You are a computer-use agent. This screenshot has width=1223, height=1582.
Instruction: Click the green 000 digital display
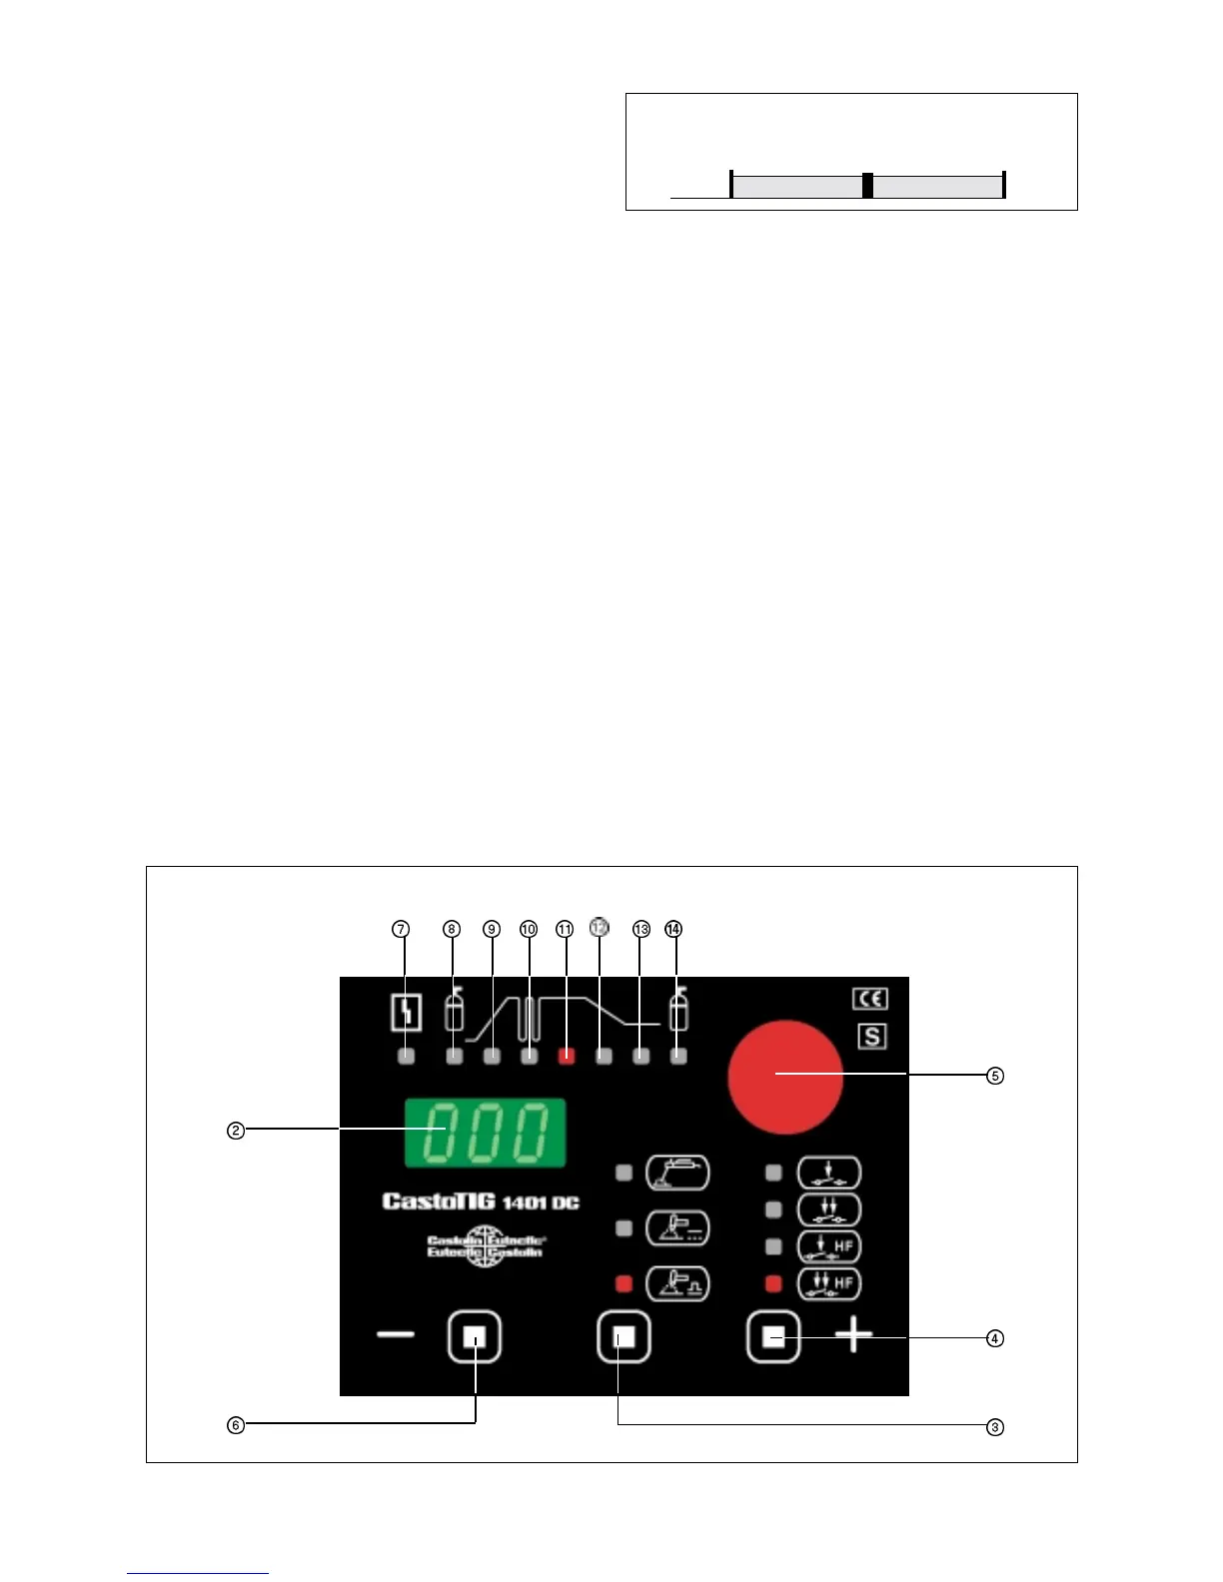pyautogui.click(x=485, y=1132)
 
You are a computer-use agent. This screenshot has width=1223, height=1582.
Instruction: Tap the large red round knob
pyautogui.click(x=785, y=1077)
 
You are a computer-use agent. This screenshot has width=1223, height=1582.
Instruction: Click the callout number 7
pyautogui.click(x=401, y=929)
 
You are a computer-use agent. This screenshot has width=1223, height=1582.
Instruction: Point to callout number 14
pyautogui.click(x=673, y=929)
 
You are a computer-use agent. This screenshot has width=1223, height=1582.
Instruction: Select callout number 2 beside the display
pyautogui.click(x=235, y=1131)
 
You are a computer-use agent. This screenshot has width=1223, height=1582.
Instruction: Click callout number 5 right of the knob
pyautogui.click(x=994, y=1076)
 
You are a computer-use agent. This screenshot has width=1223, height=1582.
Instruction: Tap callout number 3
pyautogui.click(x=994, y=1427)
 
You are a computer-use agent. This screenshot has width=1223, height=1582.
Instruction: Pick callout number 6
pyautogui.click(x=235, y=1425)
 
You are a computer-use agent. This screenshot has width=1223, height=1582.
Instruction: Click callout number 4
pyautogui.click(x=994, y=1338)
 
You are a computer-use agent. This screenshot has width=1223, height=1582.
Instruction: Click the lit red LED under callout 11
pyautogui.click(x=567, y=1056)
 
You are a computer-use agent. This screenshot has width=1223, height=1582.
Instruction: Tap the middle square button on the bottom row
pyautogui.click(x=623, y=1337)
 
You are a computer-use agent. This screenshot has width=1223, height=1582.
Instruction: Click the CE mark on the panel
pyautogui.click(x=870, y=999)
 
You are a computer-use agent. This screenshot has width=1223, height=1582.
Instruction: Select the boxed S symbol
pyautogui.click(x=871, y=1037)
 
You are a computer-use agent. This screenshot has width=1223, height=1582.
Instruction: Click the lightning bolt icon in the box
pyautogui.click(x=406, y=1014)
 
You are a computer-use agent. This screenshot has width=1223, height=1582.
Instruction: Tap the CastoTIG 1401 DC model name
pyautogui.click(x=481, y=1201)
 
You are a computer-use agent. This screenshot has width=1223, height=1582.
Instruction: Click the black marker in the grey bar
pyautogui.click(x=867, y=186)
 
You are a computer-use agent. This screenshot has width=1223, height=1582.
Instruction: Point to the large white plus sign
pyautogui.click(x=853, y=1335)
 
